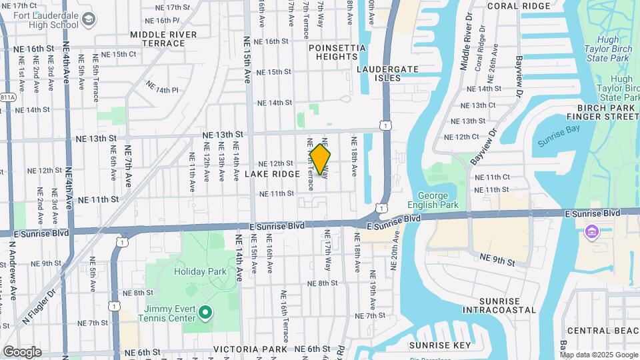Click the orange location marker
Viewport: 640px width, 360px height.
click(321, 159)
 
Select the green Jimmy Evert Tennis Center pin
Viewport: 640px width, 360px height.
click(206, 312)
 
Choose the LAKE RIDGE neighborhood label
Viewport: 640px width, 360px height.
click(272, 174)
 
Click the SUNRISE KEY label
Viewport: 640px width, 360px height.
click(439, 345)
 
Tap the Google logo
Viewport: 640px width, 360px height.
click(22, 351)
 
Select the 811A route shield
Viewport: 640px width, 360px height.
click(7, 97)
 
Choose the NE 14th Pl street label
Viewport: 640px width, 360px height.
click(163, 90)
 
